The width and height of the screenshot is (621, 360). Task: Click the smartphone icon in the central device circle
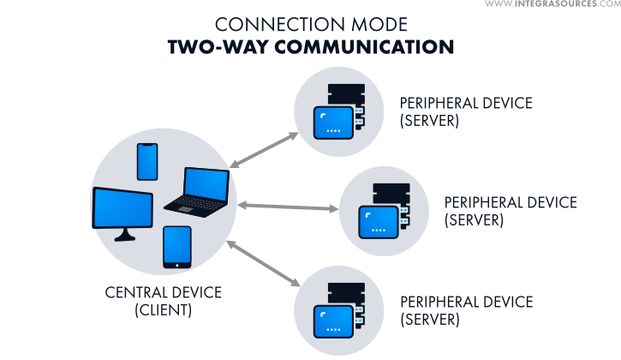point(147,161)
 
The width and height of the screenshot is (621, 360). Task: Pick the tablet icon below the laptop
point(176,247)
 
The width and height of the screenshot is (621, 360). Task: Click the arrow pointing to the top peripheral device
point(265,150)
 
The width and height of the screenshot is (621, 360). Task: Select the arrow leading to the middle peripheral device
point(288,206)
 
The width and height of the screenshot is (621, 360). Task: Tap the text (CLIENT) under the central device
point(164,310)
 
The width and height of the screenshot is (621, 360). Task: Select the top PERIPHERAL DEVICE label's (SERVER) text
point(429,120)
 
